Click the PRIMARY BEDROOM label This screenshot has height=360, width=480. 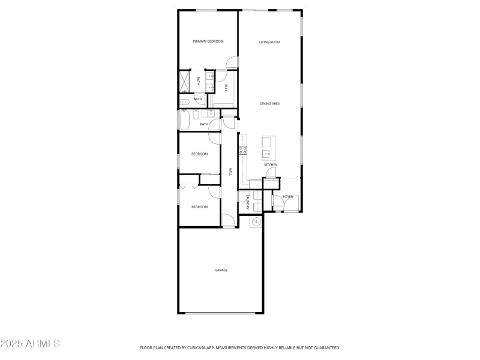pyautogui.click(x=208, y=41)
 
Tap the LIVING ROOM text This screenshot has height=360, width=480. pyautogui.click(x=270, y=42)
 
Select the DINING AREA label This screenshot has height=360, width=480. pyautogui.click(x=270, y=104)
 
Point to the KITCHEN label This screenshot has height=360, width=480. pyautogui.click(x=271, y=164)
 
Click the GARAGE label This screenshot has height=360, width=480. pyautogui.click(x=221, y=270)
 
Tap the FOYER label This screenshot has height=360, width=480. pyautogui.click(x=288, y=196)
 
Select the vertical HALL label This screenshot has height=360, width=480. pyautogui.click(x=230, y=172)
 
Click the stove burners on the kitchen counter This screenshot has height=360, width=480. pyautogui.click(x=243, y=151)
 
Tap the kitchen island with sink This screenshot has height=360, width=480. pyautogui.click(x=267, y=148)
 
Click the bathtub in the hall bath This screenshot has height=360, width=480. pyautogui.click(x=184, y=122)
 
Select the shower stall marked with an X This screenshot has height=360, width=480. pyautogui.click(x=184, y=81)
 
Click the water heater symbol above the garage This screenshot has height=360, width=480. pyautogui.click(x=256, y=222)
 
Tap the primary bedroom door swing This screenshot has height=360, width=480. pyautogui.click(x=230, y=62)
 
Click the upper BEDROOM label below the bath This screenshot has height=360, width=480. pyautogui.click(x=199, y=154)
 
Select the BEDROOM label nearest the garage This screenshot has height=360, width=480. pyautogui.click(x=199, y=207)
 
